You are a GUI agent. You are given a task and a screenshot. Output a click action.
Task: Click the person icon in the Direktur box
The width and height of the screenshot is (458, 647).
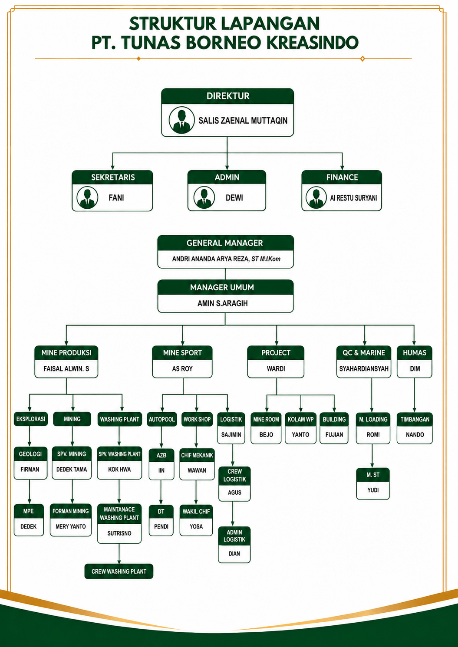point(181,120)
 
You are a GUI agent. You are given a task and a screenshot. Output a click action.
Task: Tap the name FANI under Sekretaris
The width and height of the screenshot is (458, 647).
point(116,198)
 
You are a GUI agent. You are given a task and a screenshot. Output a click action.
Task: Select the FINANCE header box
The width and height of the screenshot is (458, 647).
point(342,177)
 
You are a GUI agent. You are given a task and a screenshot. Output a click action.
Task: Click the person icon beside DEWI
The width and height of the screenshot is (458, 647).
point(204,197)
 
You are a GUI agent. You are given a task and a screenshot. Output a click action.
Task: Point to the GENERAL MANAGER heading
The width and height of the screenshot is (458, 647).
point(224,243)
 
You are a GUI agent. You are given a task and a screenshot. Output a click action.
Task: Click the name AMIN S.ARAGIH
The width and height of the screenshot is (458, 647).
point(223,303)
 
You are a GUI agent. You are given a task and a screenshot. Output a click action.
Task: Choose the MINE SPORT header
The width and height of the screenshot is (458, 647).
point(182,353)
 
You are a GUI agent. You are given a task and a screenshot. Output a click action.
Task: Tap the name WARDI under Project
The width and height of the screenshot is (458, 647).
point(276,368)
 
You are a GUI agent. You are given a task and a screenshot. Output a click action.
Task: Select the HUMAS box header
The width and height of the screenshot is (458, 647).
point(414,353)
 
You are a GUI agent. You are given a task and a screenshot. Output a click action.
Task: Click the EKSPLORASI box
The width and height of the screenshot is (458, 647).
point(31,419)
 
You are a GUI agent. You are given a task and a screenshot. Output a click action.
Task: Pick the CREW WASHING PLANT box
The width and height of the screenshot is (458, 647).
point(119,571)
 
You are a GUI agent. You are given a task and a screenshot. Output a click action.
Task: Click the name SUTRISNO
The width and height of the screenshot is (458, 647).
point(119,533)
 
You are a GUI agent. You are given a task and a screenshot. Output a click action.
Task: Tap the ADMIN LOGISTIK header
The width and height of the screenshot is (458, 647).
point(234,536)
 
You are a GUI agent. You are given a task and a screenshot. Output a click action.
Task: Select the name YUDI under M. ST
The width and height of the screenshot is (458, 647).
point(373,490)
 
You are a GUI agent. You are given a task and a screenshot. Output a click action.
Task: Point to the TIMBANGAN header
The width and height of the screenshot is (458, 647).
point(415,419)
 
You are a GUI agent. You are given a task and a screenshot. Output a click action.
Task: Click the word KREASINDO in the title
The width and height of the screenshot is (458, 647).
point(313,43)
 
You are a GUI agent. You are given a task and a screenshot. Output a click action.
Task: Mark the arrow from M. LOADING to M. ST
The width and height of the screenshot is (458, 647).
point(372,456)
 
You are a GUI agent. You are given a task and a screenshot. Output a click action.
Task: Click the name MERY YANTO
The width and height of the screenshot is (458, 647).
point(70,526)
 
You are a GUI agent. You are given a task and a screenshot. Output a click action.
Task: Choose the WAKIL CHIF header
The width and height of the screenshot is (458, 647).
point(196,511)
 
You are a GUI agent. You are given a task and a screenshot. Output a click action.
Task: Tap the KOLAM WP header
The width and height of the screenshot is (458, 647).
point(300,419)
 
